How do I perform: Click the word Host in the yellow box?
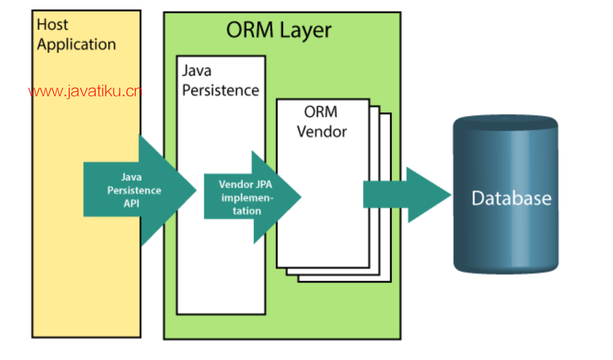(53, 25)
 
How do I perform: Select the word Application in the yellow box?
(76, 45)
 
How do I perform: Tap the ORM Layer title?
(279, 31)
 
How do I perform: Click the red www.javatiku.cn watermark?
(85, 92)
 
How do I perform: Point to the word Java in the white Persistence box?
(197, 71)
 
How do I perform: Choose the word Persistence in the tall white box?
(220, 90)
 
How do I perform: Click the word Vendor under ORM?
(322, 131)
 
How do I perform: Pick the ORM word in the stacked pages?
(321, 112)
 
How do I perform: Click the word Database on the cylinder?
(511, 199)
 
